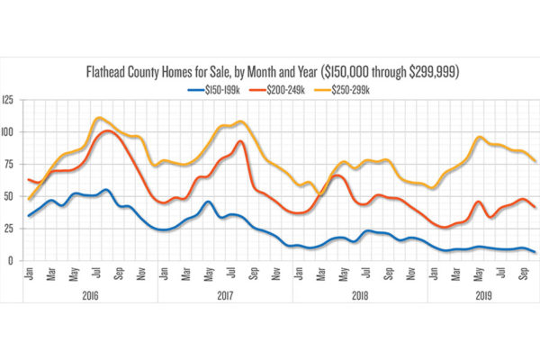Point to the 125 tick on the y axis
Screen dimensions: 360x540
coord(9,100)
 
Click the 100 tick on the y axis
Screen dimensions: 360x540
coord(9,132)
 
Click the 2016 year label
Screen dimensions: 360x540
coord(89,294)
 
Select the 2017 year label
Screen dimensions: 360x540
coord(224,294)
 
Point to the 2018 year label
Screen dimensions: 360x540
coord(359,294)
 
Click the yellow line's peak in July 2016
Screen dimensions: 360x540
coord(99,118)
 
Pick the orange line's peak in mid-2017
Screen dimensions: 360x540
coord(240,141)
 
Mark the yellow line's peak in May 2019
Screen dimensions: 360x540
coord(481,138)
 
